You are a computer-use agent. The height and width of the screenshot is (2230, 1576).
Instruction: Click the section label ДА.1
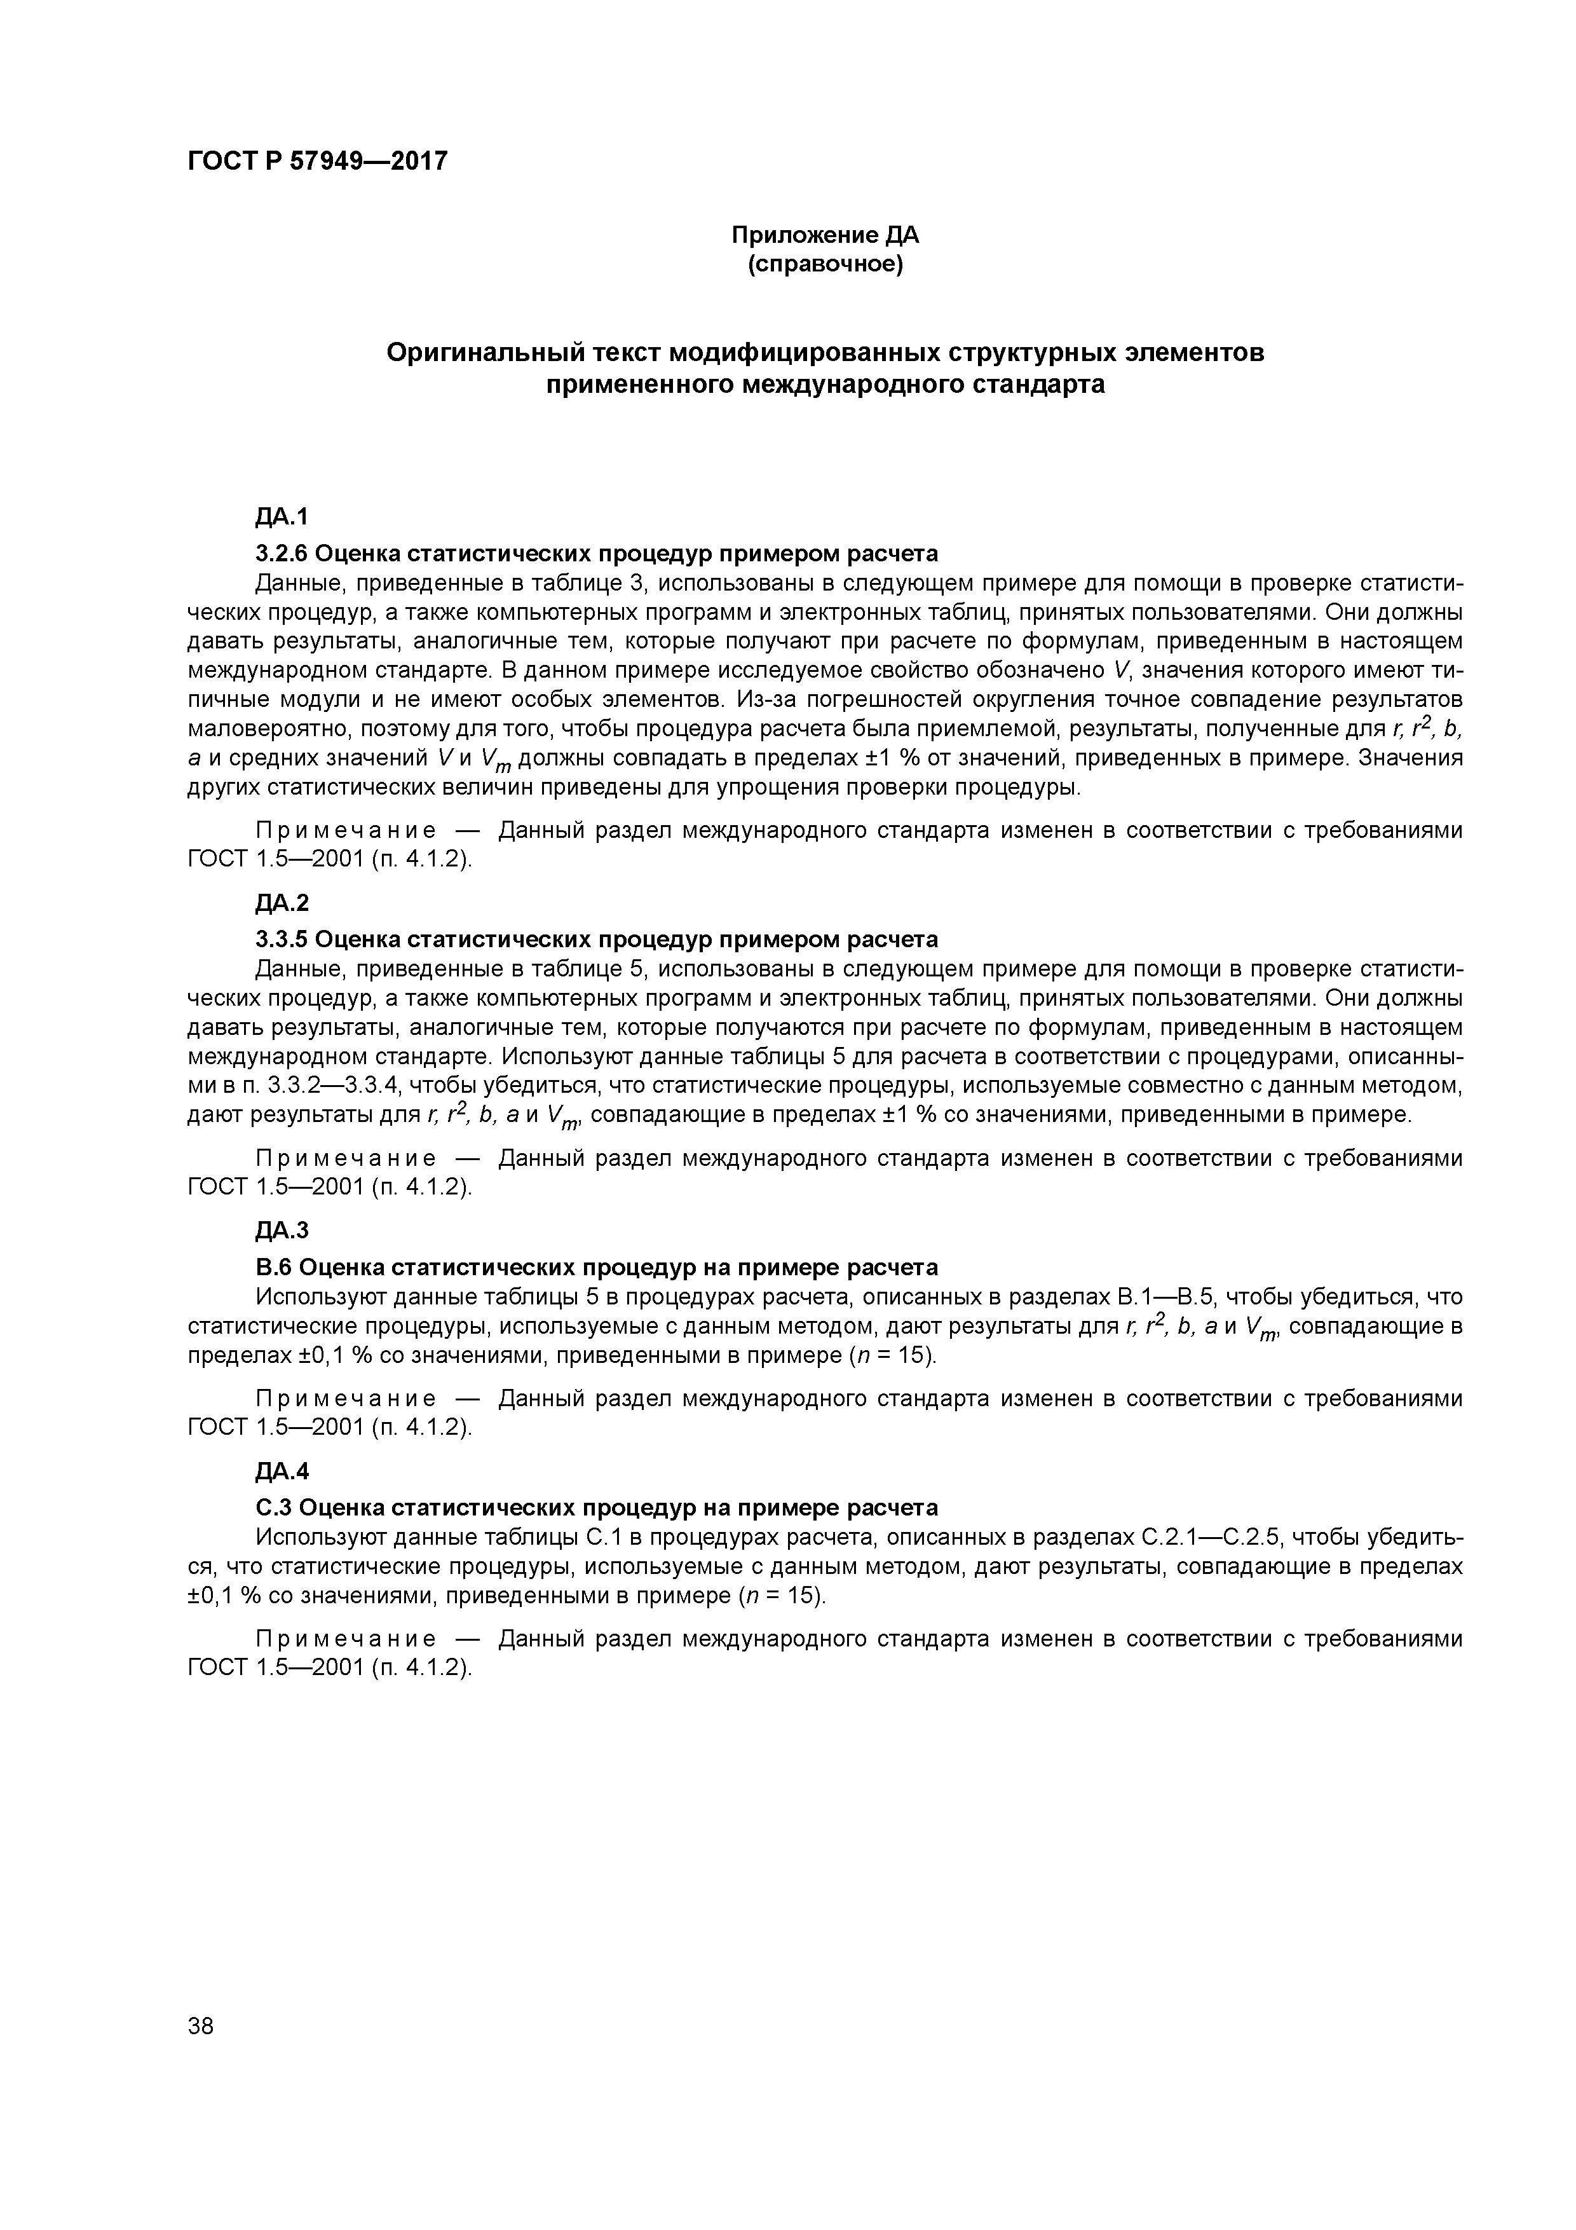tap(282, 517)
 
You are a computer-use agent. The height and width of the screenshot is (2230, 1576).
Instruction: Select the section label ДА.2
tap(282, 903)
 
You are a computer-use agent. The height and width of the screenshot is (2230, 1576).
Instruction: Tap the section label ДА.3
tap(282, 1231)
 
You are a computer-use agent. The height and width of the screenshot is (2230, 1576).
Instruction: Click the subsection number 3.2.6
tap(281, 554)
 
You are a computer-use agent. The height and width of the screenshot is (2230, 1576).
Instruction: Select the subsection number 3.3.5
tap(281, 939)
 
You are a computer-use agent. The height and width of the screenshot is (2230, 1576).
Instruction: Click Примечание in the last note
tap(344, 1639)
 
